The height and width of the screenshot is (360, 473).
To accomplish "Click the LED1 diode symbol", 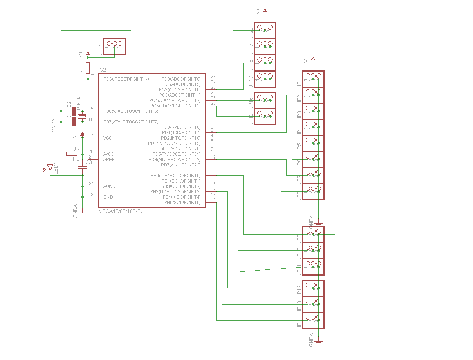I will [x=50, y=167].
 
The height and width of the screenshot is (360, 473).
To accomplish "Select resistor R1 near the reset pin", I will [x=88, y=68].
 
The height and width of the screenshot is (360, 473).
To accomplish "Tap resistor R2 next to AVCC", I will [x=72, y=154].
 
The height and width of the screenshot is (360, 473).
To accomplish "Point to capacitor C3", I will [x=83, y=167].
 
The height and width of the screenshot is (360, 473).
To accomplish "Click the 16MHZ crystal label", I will [x=78, y=102].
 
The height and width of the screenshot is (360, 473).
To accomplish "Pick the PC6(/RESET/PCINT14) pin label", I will [x=126, y=79].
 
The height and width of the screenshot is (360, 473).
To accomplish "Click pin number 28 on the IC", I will [x=213, y=103].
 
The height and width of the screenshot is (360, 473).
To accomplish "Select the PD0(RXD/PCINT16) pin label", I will [x=181, y=127].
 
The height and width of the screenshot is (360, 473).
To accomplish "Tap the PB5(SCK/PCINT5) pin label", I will [x=182, y=203].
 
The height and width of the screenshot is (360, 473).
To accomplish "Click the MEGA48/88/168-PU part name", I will [x=121, y=211].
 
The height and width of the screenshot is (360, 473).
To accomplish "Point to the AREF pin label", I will [x=109, y=160].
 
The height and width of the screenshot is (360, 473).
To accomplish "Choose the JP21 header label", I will [x=101, y=49].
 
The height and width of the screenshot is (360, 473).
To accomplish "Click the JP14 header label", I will [x=299, y=323].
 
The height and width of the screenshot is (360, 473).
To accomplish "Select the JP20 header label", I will [x=251, y=33].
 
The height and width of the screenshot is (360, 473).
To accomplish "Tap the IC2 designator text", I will [x=102, y=70].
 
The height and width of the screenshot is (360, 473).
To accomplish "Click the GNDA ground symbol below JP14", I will [x=318, y=342].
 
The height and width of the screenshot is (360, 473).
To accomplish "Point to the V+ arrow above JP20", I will [x=265, y=10].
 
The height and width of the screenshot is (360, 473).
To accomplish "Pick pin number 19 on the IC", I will [x=213, y=200].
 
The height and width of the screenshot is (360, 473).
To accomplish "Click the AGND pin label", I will [x=109, y=186].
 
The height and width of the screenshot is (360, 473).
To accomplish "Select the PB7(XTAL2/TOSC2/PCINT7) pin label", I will [x=131, y=122].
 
